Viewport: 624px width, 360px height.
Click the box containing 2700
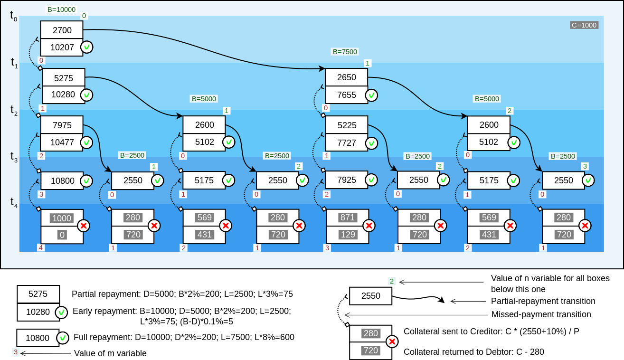tap(62, 30)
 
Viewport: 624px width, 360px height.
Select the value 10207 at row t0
tap(62, 47)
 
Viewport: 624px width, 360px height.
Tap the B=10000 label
tap(61, 9)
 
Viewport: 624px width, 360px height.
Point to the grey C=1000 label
tap(584, 25)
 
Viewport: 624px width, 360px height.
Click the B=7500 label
tap(345, 52)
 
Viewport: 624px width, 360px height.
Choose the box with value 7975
tap(62, 125)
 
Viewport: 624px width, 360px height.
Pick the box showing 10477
tap(62, 142)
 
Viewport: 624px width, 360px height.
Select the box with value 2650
tap(347, 77)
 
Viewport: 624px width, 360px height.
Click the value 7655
tap(347, 95)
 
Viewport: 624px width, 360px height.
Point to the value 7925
tap(347, 180)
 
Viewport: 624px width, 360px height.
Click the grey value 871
tap(347, 218)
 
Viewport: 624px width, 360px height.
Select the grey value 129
tap(347, 235)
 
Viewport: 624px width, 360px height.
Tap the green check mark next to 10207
tap(86, 47)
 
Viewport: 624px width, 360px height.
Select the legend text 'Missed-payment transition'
tap(541, 314)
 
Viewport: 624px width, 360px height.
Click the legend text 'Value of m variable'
tap(110, 353)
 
